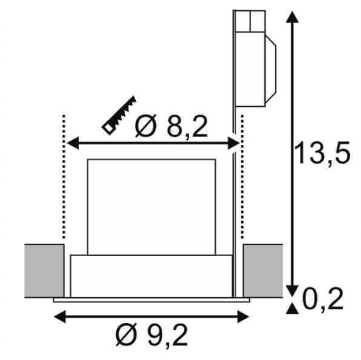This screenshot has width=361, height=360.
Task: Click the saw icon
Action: pos(119,115)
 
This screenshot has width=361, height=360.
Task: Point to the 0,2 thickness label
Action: pos(323,298)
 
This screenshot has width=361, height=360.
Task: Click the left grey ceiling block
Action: pos(44,271)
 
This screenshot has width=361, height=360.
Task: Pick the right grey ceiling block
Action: pos(263,271)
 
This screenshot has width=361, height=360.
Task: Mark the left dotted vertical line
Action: pos(64,177)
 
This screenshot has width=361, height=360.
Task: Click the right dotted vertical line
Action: pos(242,177)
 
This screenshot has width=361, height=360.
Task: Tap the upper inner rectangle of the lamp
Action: pos(152,207)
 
